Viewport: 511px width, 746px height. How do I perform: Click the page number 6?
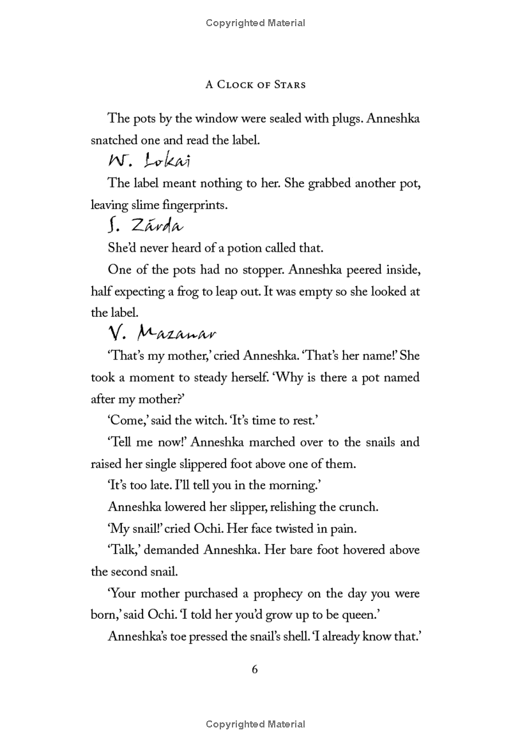coord(255,669)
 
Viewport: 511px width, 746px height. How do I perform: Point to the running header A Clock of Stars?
coord(255,84)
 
